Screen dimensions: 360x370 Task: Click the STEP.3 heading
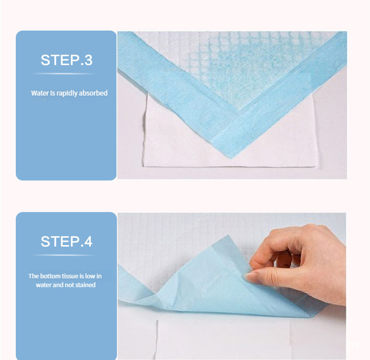pos(66,60)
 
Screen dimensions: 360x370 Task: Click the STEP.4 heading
pos(66,242)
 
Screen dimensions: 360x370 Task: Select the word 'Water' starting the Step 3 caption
pos(39,93)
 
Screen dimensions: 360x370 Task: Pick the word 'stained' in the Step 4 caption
pos(85,285)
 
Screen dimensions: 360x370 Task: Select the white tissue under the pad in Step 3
pos(178,143)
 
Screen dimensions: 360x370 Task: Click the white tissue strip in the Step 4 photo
pos(222,340)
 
